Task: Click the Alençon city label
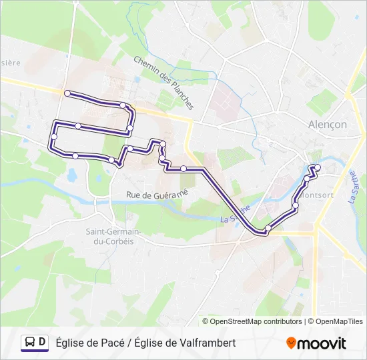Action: point(327,125)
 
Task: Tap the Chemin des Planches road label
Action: point(163,82)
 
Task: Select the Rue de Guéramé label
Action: point(157,193)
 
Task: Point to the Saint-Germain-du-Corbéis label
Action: point(111,235)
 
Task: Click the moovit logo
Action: point(316,343)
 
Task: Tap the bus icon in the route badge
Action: point(30,343)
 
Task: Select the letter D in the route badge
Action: point(43,343)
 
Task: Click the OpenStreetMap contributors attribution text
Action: point(256,321)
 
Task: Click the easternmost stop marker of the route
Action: point(318,167)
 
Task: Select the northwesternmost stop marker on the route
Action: point(67,93)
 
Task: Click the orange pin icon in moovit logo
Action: point(292,343)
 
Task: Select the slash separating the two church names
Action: point(129,343)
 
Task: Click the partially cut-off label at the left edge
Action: point(11,63)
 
